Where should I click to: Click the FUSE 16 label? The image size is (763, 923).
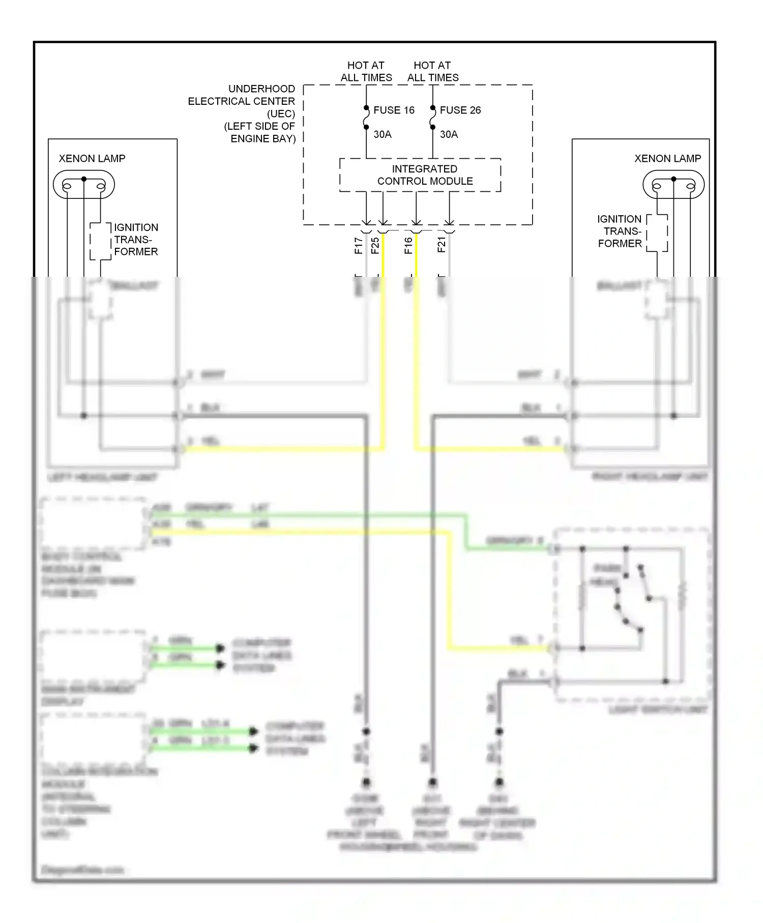click(394, 110)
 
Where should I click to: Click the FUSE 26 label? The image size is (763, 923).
click(460, 110)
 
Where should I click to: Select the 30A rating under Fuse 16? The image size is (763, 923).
click(383, 134)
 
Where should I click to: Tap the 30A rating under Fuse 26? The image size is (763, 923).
click(449, 134)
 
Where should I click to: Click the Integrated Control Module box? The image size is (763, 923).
click(420, 175)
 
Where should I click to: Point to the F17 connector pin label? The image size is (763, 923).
click(359, 245)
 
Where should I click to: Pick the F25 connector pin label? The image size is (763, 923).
click(375, 245)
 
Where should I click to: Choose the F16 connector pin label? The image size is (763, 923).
click(408, 245)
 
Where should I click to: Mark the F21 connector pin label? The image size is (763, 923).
click(442, 245)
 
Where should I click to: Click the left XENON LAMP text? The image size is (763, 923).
click(92, 159)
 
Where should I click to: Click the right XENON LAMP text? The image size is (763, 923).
click(667, 159)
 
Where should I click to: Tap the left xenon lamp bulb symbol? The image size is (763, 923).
click(84, 185)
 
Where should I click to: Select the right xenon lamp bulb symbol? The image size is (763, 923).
click(673, 185)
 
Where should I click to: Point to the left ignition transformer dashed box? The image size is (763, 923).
click(101, 241)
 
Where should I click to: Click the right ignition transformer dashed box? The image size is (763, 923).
click(657, 233)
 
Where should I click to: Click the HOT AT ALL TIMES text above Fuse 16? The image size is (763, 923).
click(366, 72)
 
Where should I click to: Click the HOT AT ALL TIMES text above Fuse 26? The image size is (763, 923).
click(433, 72)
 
